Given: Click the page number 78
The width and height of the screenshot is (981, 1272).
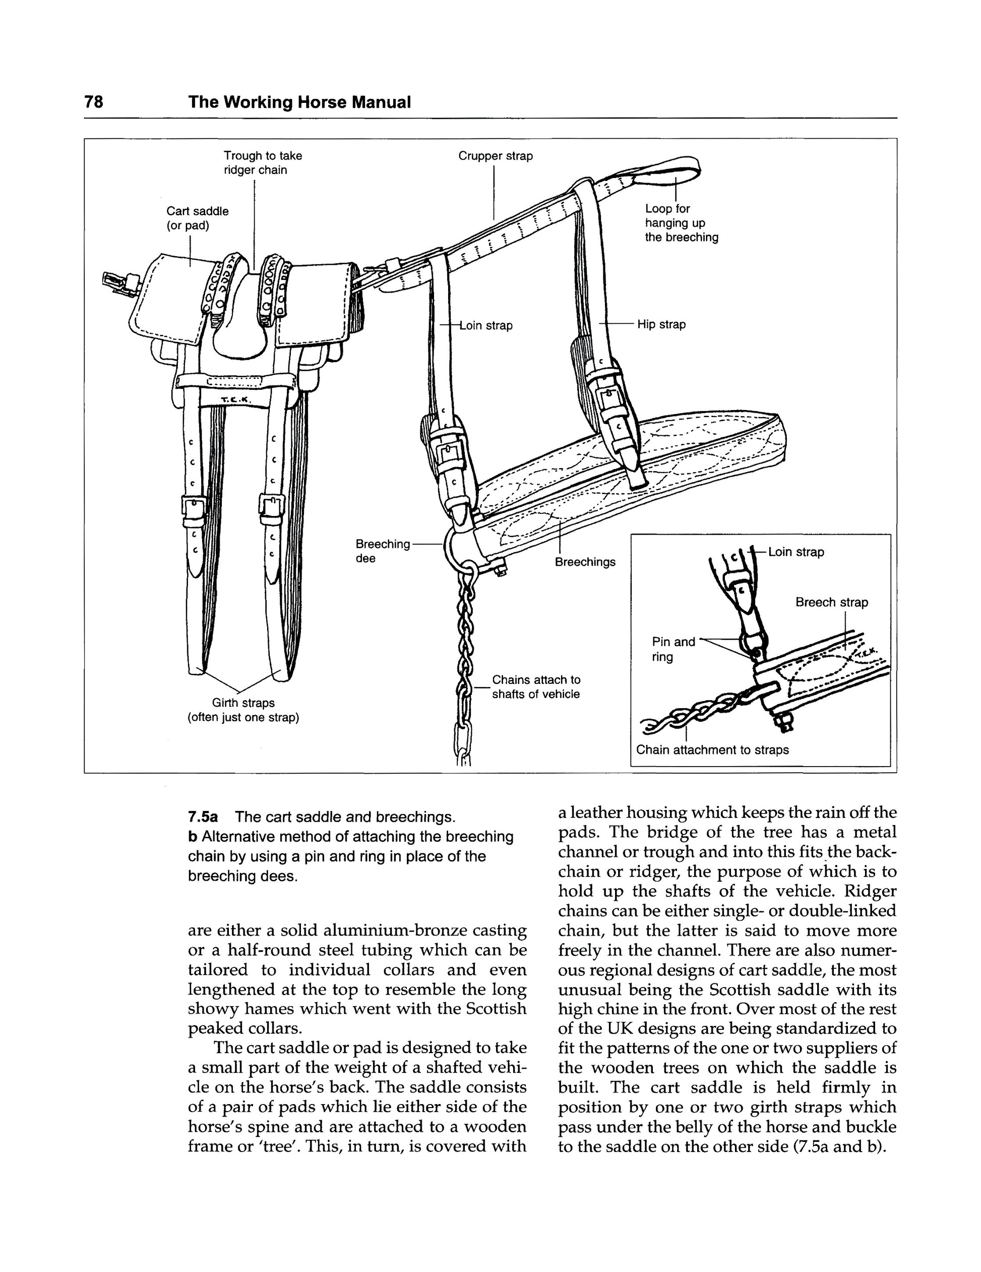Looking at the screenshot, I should [94, 102].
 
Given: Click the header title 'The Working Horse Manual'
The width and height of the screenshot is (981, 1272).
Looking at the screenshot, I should [299, 102].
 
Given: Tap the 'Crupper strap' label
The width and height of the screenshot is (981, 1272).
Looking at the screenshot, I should [495, 156].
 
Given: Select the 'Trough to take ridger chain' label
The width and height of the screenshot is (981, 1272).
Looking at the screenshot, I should [263, 163].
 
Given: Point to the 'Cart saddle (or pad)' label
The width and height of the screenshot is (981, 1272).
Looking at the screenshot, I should [198, 218].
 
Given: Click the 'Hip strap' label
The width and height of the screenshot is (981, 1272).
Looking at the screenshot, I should [661, 324].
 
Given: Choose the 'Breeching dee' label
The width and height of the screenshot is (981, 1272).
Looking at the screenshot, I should [383, 551].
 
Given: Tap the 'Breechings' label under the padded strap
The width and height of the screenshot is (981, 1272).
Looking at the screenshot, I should [585, 562].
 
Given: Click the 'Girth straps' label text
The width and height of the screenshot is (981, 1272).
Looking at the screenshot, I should [243, 703].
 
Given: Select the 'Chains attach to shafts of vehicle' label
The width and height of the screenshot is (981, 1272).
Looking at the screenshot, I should [536, 686].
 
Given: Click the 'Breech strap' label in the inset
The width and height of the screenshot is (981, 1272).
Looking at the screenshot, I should [831, 602].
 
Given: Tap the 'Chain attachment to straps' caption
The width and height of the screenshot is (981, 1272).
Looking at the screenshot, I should [712, 749].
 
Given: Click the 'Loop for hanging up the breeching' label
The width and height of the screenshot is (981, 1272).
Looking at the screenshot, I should [681, 223].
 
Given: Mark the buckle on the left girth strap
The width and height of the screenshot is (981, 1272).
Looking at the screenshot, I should [194, 508].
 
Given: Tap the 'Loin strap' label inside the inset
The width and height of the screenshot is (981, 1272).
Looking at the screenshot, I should [796, 552].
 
